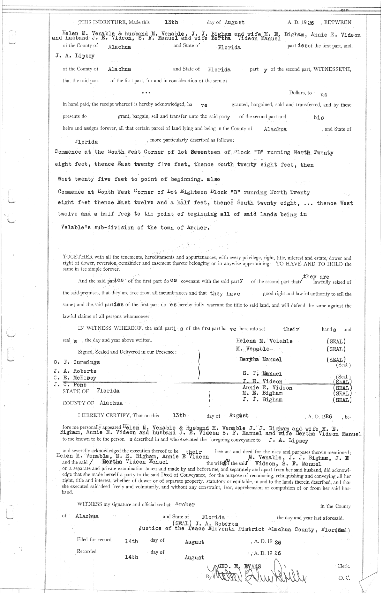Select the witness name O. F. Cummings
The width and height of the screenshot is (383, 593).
click(77, 362)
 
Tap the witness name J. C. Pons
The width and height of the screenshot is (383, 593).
click(70, 384)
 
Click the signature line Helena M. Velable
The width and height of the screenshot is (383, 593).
click(264, 341)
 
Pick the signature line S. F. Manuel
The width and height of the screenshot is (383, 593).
click(262, 374)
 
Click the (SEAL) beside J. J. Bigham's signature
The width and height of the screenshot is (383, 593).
click(342, 400)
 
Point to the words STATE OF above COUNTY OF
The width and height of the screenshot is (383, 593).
click(76, 391)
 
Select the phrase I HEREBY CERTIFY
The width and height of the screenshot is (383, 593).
click(104, 415)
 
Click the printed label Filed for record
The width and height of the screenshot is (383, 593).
click(94, 539)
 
